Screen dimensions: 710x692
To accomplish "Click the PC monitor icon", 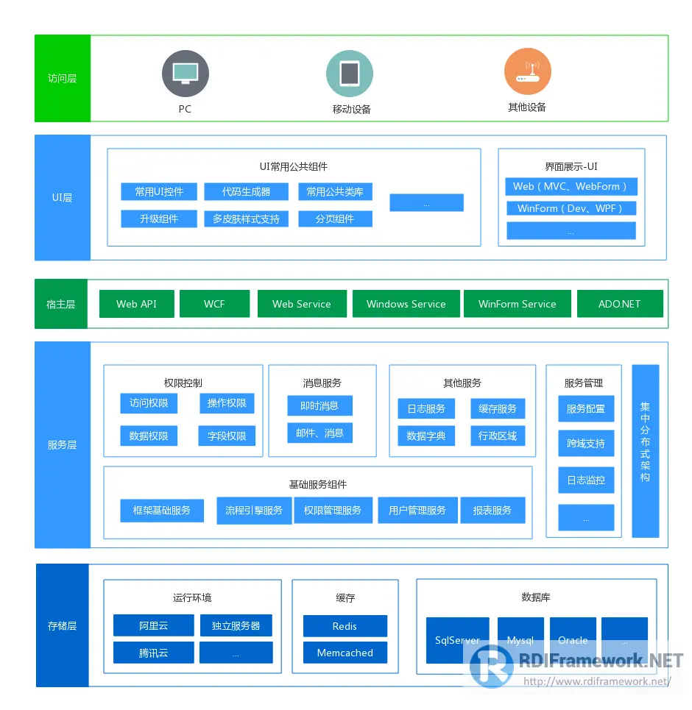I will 185,74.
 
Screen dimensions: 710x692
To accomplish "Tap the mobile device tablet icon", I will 350,74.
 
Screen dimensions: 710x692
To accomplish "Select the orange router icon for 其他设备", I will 527,71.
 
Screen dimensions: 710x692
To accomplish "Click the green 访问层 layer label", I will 63,78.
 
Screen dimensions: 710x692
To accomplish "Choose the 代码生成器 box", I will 247,192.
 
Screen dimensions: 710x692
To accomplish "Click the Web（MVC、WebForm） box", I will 571,186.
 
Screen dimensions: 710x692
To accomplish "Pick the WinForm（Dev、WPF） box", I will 571,208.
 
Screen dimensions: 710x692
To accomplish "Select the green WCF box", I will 214,304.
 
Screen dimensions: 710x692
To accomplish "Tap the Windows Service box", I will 406,304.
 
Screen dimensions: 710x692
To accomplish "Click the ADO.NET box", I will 620,304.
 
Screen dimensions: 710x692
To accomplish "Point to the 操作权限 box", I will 227,403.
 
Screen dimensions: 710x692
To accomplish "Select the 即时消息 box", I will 319,405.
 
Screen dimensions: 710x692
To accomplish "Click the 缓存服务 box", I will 498,408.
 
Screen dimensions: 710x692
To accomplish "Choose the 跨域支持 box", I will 586,444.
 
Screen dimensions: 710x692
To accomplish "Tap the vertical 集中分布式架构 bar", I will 645,450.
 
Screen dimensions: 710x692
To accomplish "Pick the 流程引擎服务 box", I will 254,510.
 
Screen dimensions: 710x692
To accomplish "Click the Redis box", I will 345,626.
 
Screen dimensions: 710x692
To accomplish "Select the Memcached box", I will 345,653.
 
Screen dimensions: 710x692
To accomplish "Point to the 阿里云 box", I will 154,626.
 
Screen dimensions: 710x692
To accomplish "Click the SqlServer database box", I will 457,640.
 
